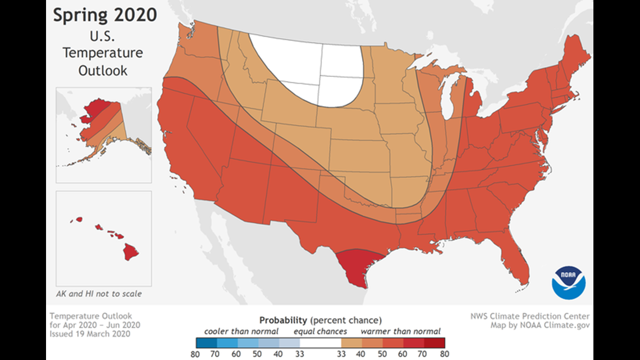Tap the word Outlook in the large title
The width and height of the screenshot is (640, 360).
click(x=103, y=71)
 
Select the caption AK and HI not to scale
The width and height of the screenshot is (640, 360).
click(x=99, y=294)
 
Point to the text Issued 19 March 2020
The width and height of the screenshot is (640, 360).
click(x=90, y=334)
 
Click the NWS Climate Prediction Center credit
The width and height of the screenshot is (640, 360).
click(x=529, y=316)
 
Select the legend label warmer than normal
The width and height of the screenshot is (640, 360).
click(x=400, y=331)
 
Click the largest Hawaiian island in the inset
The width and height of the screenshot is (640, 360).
click(x=131, y=252)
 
